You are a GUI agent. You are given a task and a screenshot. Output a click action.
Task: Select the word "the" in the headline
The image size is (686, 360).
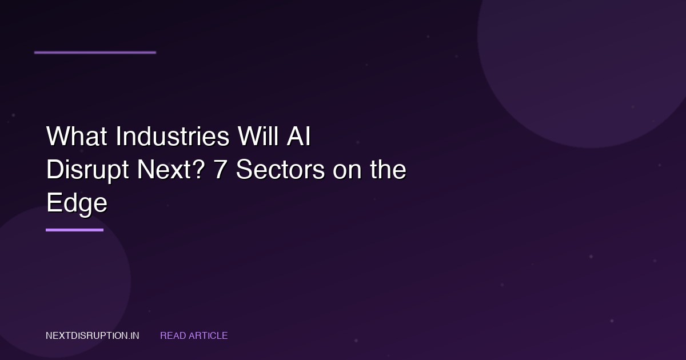pos(388,171)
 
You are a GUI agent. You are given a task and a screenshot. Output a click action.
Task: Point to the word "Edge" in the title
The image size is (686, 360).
pos(77,204)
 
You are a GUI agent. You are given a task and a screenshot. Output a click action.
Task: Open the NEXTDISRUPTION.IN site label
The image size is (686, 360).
pos(92,336)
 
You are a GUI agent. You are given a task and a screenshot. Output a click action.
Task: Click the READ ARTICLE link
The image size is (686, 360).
pos(194,336)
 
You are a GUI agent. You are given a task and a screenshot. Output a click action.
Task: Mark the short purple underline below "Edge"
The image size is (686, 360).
pos(74,230)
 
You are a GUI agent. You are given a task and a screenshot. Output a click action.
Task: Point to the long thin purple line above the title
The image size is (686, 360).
pos(95,53)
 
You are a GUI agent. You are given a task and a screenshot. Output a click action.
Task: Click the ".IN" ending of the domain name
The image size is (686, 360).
pos(133,336)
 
